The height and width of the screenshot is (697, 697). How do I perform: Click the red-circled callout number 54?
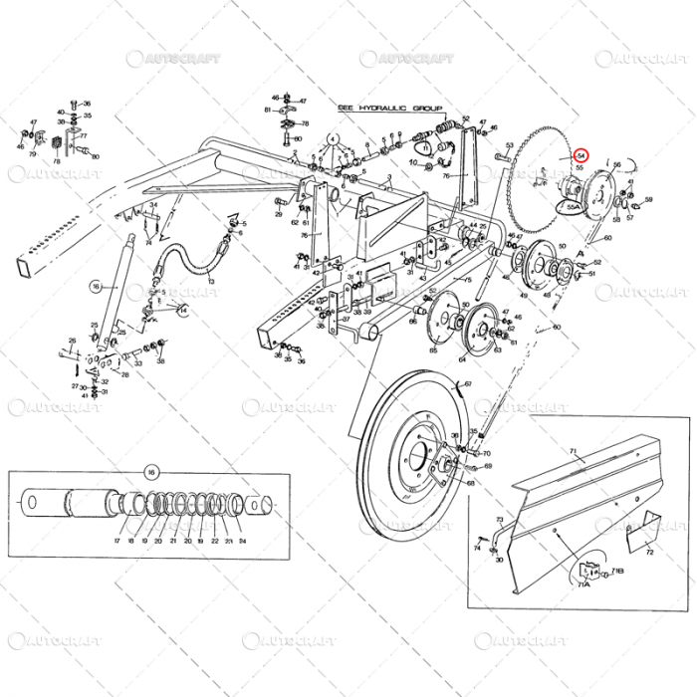[x=581, y=155]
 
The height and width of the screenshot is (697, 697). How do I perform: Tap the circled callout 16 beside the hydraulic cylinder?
[x=97, y=286]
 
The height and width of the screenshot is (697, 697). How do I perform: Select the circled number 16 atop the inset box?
[x=152, y=471]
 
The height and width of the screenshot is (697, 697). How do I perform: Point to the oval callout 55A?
[x=573, y=207]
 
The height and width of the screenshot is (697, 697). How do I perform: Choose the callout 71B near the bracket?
[x=617, y=573]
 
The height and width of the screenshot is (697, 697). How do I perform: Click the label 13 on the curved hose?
[x=212, y=282]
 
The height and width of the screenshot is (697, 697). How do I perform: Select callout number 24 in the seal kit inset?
[x=242, y=541]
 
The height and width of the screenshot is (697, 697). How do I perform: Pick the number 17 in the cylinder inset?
[x=116, y=541]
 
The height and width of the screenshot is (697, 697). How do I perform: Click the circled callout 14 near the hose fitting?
[x=182, y=310]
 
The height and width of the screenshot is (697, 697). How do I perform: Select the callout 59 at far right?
[x=648, y=199]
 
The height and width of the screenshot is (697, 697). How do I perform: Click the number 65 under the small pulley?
[x=433, y=350]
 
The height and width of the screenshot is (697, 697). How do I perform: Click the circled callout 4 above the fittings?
[x=333, y=139]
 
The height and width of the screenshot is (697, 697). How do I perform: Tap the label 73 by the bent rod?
[x=499, y=520]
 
